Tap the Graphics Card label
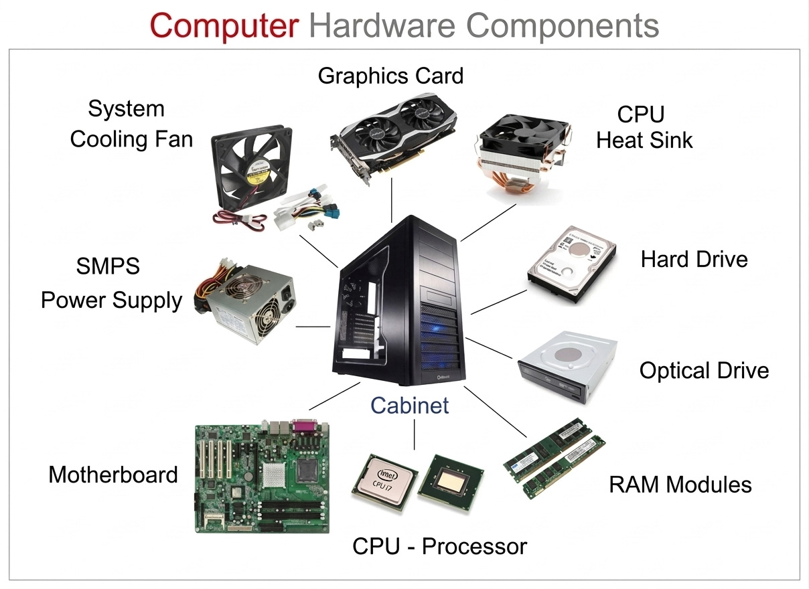coord(390,76)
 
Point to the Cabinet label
coord(410,405)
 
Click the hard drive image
coord(571,264)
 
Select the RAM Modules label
coord(680,484)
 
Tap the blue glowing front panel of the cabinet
coord(439,335)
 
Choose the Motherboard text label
coord(113,475)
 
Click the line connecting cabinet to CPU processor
coord(415,435)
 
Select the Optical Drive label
coord(704,370)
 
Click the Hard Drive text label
coord(694,259)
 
